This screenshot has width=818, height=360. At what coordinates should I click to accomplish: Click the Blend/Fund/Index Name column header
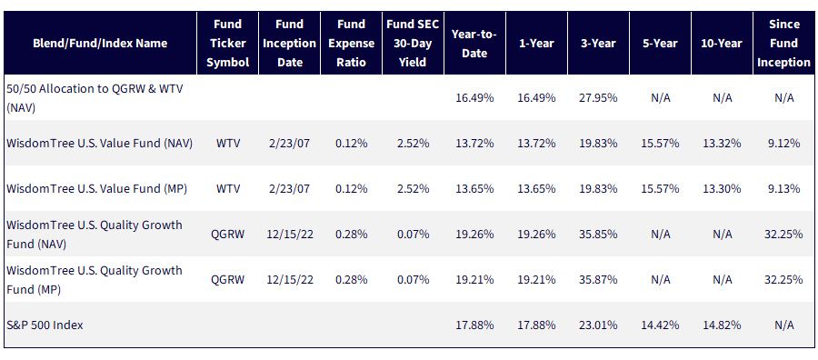pyautogui.click(x=100, y=44)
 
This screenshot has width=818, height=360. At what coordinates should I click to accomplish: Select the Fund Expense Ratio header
pyautogui.click(x=351, y=44)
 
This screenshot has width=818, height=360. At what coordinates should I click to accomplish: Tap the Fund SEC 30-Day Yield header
pyautogui.click(x=414, y=44)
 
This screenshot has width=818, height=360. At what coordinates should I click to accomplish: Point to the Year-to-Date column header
pyautogui.click(x=474, y=44)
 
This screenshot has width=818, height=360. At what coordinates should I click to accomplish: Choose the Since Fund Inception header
pyautogui.click(x=784, y=44)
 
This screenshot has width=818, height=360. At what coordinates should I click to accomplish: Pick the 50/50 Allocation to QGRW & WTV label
pyautogui.click(x=95, y=97)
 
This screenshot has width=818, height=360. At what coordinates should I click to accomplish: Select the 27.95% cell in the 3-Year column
pyautogui.click(x=598, y=98)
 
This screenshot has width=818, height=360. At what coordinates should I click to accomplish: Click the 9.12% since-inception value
pyautogui.click(x=784, y=144)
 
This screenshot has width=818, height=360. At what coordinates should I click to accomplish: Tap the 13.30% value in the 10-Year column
pyautogui.click(x=722, y=189)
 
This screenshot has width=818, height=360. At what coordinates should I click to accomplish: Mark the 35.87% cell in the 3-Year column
pyautogui.click(x=598, y=280)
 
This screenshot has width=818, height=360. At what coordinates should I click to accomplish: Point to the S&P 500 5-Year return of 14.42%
pyautogui.click(x=661, y=325)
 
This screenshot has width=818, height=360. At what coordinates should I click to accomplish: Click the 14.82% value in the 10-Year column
pyautogui.click(x=722, y=325)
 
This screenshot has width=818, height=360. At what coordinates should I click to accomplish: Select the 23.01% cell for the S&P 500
pyautogui.click(x=598, y=325)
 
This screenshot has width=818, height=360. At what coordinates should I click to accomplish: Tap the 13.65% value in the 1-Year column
pyautogui.click(x=537, y=189)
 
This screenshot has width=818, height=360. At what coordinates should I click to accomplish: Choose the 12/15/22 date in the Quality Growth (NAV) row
pyautogui.click(x=290, y=235)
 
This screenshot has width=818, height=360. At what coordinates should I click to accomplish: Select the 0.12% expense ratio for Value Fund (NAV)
pyautogui.click(x=351, y=144)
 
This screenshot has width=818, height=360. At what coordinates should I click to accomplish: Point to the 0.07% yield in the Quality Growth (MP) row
pyautogui.click(x=414, y=280)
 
